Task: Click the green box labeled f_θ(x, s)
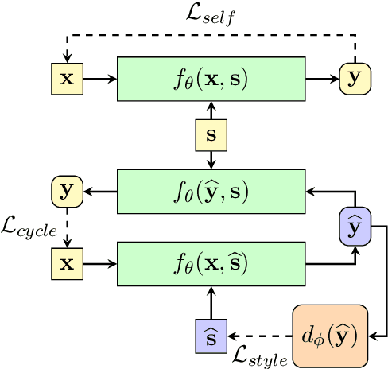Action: [x=211, y=78]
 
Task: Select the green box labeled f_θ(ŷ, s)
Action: [x=211, y=192]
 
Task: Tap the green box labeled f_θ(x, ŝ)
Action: [x=211, y=262]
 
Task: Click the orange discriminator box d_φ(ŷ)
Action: [x=330, y=336]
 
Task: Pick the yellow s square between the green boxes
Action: [x=211, y=135]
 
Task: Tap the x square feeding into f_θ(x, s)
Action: [x=67, y=78]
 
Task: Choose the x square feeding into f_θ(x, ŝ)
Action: [x=67, y=262]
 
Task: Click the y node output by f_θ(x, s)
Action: [x=355, y=78]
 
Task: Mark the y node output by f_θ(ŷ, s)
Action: [x=67, y=192]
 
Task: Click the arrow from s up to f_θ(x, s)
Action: [x=211, y=110]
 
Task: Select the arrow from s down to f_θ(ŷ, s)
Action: [x=211, y=160]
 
